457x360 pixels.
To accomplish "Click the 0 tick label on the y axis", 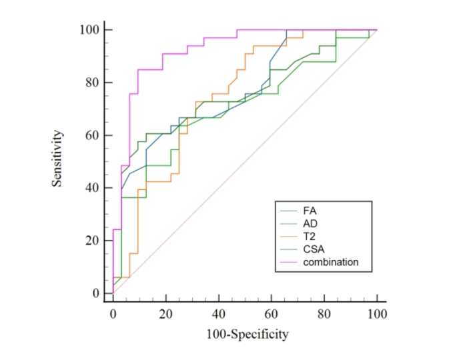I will click(94, 293).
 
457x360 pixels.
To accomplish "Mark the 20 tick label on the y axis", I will click(91, 241).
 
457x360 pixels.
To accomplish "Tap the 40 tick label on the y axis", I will click(91, 188).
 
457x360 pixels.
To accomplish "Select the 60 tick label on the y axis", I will click(91, 135).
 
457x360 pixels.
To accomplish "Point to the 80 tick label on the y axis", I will click(91, 83).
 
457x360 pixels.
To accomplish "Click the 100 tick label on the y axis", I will click(89, 30).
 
